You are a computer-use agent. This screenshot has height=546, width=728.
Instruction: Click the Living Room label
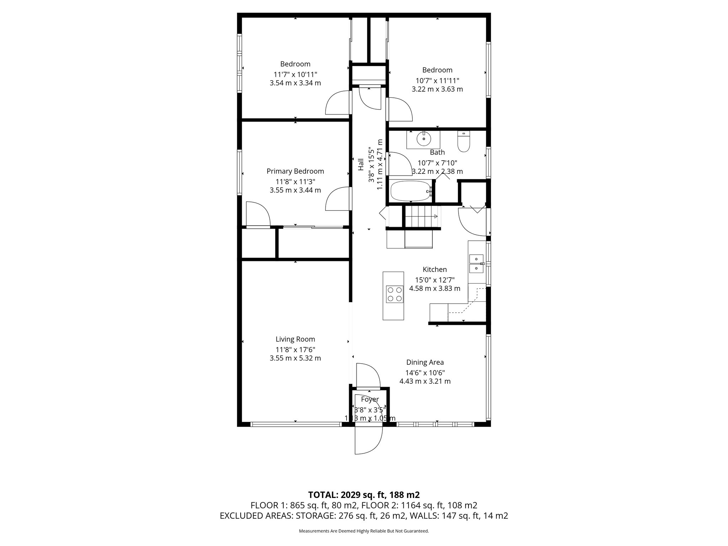pyautogui.click(x=295, y=339)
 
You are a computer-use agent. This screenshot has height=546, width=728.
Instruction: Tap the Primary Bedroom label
pyautogui.click(x=295, y=171)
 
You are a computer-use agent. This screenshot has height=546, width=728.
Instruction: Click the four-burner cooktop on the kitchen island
pyautogui.click(x=395, y=294)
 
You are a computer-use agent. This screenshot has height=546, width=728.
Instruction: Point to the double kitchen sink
pyautogui.click(x=476, y=263)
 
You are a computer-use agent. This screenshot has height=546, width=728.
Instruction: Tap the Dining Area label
pyautogui.click(x=425, y=362)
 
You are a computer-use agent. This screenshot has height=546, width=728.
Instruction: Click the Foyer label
pyautogui.click(x=370, y=399)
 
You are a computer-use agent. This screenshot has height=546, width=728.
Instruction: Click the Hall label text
pyautogui.click(x=361, y=165)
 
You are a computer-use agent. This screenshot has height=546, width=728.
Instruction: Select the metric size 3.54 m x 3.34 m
pyautogui.click(x=295, y=83)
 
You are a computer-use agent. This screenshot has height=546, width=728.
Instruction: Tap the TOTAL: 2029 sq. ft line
pyautogui.click(x=364, y=495)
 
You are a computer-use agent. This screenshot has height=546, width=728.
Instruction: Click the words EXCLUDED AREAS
pyautogui.click(x=256, y=516)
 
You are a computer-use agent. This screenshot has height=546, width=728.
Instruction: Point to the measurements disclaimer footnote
pyautogui.click(x=364, y=531)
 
